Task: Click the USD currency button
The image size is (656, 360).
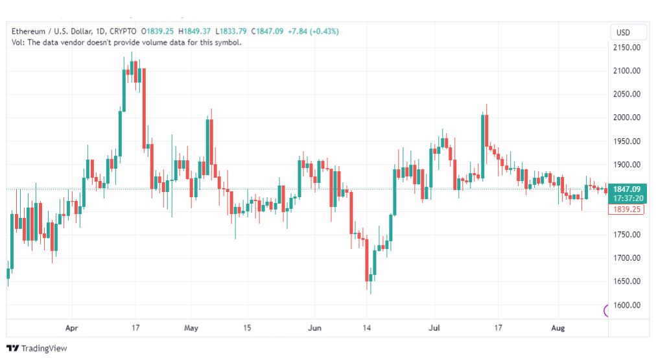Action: point(623,32)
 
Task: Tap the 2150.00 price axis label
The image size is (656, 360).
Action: point(627,48)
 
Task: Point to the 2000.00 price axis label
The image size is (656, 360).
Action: point(627,117)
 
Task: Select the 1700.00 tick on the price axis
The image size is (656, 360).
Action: point(627,258)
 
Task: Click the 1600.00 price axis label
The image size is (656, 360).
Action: point(627,305)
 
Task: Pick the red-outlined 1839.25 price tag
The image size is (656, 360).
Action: point(626,210)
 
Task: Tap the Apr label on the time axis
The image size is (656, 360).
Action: point(71,328)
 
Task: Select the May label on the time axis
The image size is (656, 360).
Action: point(191,328)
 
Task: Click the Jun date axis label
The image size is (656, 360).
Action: point(314,328)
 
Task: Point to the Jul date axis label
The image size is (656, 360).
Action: point(434,328)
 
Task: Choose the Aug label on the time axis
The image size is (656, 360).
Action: point(557,328)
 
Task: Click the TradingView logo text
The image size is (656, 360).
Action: point(44,348)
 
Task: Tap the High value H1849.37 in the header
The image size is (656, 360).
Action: point(194,31)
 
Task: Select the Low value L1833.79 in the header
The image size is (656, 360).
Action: point(231,31)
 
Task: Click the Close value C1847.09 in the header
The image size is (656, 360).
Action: point(267,31)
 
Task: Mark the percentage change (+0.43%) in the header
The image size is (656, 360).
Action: point(324,31)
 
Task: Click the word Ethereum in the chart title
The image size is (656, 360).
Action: point(28,31)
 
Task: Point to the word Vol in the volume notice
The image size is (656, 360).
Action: point(17,42)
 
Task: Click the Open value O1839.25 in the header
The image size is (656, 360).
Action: point(158,31)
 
